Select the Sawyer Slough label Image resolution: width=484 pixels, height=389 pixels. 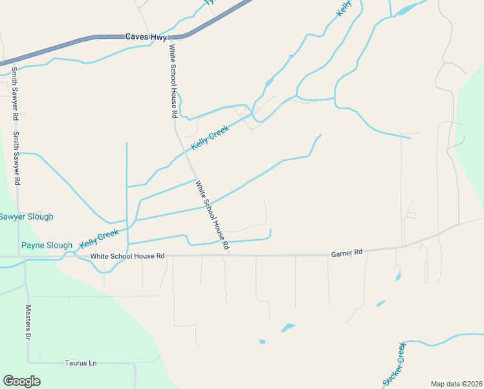pyautogui.click(x=26, y=217)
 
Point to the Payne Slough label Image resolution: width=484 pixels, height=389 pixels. pyautogui.click(x=47, y=245)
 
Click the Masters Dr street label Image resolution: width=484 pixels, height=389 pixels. pyautogui.click(x=28, y=324)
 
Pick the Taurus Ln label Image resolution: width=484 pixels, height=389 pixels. pyautogui.click(x=81, y=363)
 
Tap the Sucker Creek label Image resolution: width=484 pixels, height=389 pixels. pyautogui.click(x=394, y=365)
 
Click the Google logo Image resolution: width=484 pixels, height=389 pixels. pyautogui.click(x=21, y=381)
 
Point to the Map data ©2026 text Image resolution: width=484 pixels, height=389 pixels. pyautogui.click(x=456, y=384)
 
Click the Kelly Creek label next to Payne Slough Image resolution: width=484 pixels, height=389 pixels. pyautogui.click(x=99, y=239)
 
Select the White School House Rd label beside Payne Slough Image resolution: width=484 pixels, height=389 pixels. pyautogui.click(x=128, y=256)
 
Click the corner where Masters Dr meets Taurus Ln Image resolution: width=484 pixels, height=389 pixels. pyautogui.click(x=28, y=362)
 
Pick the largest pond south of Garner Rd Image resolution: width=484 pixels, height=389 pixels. pyautogui.click(x=288, y=327)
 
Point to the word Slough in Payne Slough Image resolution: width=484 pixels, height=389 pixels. pyautogui.click(x=59, y=245)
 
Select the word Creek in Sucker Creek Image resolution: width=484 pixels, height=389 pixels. pyautogui.click(x=401, y=354)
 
